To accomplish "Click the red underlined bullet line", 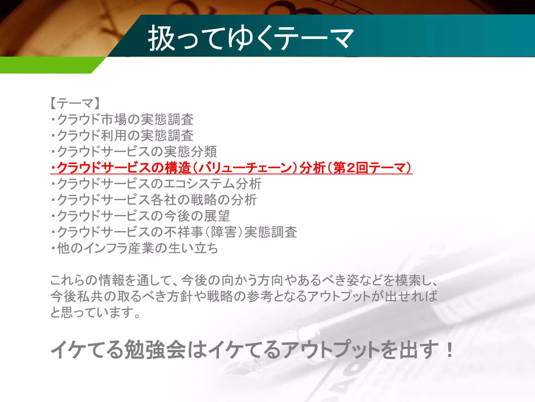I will [x=231, y=168].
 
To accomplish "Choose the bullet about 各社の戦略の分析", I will [x=204, y=200].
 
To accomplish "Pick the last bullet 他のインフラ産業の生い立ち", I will [x=135, y=248].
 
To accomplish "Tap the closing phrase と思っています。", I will [x=95, y=312].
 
